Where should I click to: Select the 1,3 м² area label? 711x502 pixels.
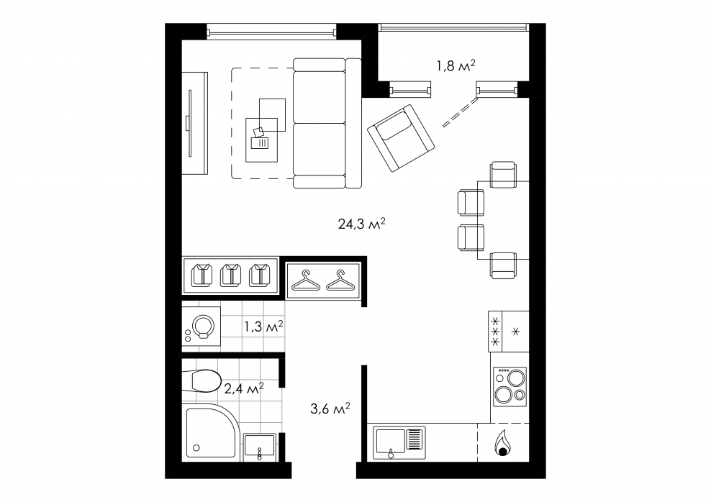pyautogui.click(x=263, y=327)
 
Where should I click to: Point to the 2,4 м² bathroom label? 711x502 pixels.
pyautogui.click(x=244, y=389)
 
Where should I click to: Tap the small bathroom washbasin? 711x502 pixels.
pyautogui.click(x=259, y=444)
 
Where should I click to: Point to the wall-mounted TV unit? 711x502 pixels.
pyautogui.click(x=194, y=122)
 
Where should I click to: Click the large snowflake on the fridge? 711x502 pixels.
pyautogui.click(x=515, y=331)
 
